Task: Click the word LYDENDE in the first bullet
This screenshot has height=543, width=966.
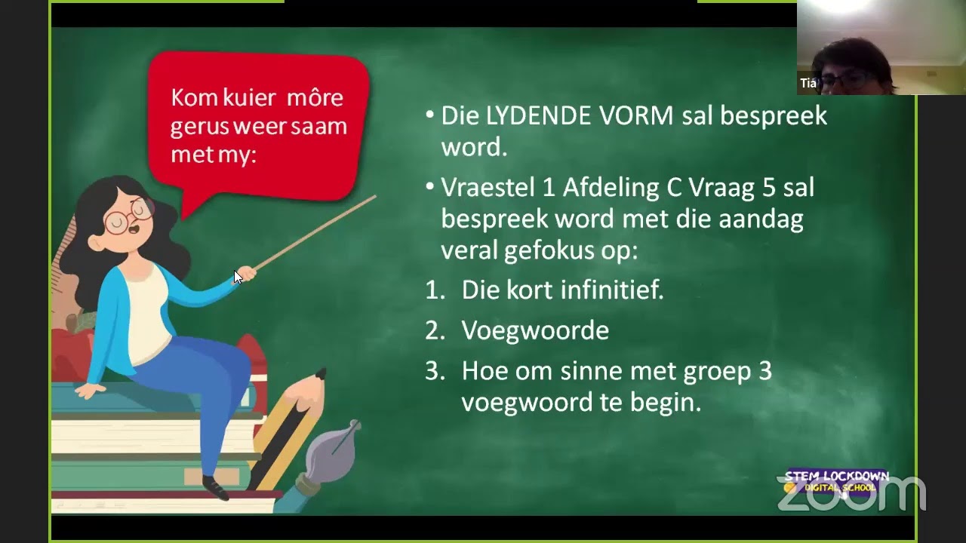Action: (538, 116)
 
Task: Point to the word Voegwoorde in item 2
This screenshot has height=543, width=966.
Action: (535, 330)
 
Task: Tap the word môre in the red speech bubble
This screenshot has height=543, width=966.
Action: (310, 97)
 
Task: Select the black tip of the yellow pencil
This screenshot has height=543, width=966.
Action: (320, 374)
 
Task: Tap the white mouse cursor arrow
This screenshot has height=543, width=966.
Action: (238, 277)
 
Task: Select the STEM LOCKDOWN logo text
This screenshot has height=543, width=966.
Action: (836, 477)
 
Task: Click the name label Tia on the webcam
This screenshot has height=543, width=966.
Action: (808, 83)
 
